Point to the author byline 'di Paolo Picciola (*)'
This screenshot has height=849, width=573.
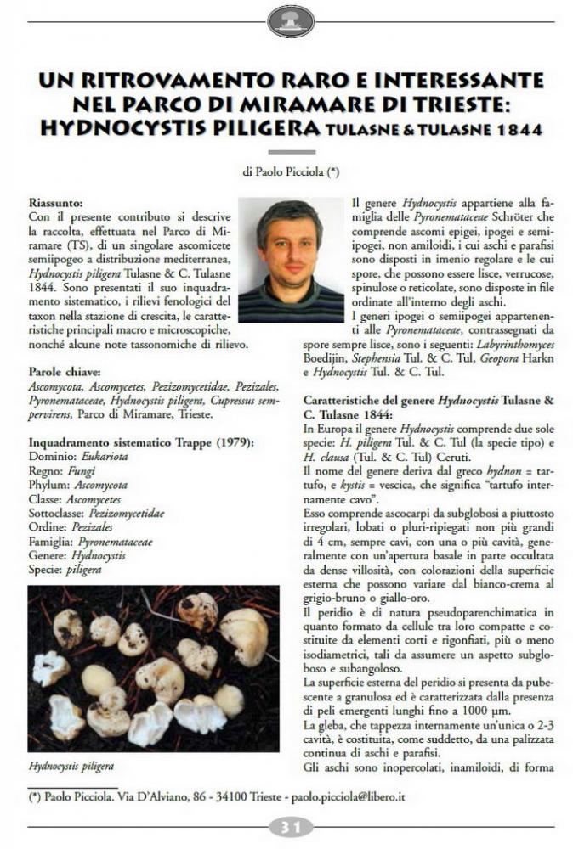pos(291,171)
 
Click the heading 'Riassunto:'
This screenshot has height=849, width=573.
pos(56,204)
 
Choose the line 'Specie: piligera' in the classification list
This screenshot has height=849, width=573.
pos(65,570)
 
